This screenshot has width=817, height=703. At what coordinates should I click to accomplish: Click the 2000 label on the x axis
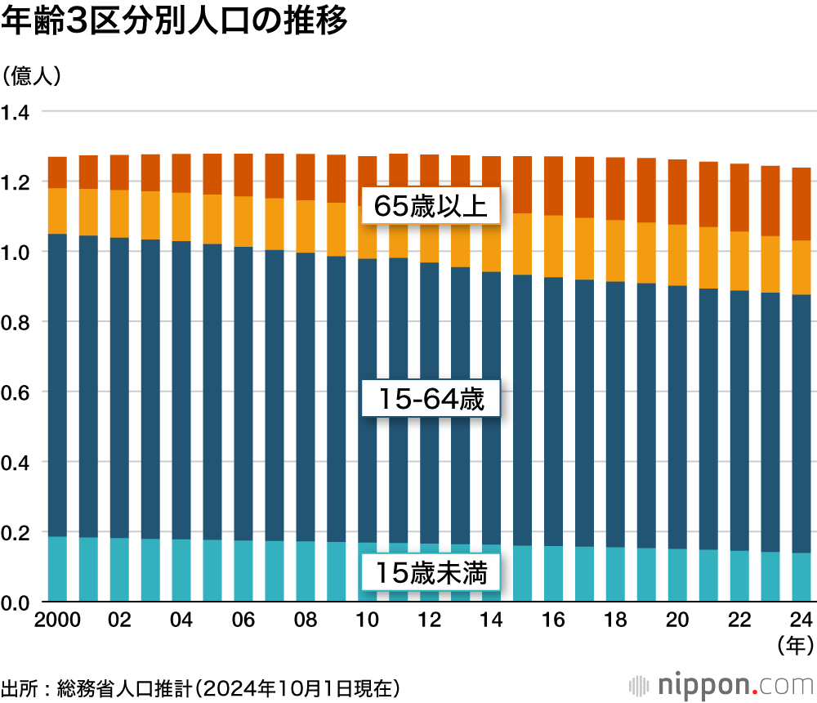(57, 620)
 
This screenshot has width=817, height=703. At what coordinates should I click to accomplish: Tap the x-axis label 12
(430, 620)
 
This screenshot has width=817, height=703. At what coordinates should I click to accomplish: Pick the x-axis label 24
(801, 620)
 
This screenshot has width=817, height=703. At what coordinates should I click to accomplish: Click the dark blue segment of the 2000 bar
(57, 384)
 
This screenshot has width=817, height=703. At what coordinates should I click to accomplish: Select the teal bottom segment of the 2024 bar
(801, 577)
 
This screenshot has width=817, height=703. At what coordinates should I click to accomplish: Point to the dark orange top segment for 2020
(677, 192)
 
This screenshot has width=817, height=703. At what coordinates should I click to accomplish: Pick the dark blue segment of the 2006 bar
(243, 392)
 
